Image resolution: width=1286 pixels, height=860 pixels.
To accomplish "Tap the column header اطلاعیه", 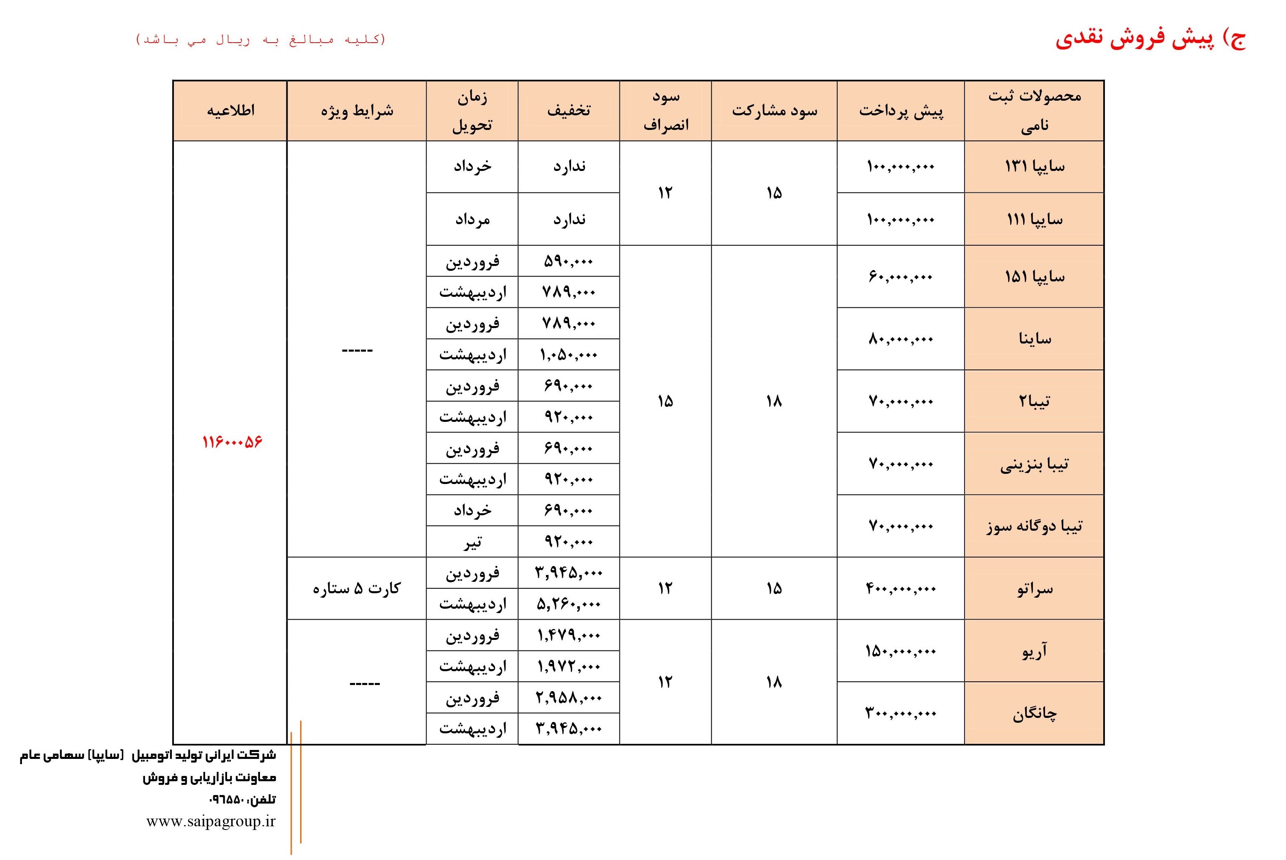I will point(230,111).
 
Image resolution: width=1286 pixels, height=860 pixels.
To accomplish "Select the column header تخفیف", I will point(569,111).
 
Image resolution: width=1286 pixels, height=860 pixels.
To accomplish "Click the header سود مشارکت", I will point(774,111).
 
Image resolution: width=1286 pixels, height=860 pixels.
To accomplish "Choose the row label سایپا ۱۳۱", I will point(1034,166).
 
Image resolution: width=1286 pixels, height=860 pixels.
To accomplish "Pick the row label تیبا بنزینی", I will point(1034,465).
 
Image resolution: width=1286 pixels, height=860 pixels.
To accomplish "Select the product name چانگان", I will point(1035,713).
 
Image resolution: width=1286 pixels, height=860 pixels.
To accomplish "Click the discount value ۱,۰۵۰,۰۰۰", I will point(569,355).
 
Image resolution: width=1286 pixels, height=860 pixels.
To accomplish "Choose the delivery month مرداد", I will point(472,219).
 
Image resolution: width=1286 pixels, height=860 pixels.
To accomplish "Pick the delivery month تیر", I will point(472,542).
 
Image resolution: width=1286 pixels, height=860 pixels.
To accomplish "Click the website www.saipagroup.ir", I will point(211,821).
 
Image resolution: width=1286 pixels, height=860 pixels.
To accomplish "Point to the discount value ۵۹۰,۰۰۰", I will point(569,261).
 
